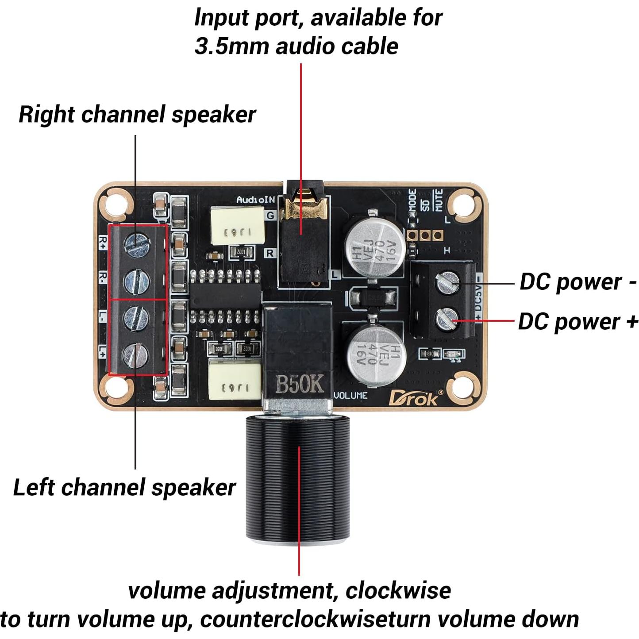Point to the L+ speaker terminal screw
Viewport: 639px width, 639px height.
point(136,354)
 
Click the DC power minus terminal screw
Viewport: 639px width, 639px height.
point(448,282)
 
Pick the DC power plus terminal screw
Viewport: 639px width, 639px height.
point(447,319)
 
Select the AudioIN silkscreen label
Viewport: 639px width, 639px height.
point(255,200)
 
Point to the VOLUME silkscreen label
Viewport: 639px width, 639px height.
point(350,395)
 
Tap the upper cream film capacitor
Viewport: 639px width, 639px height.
point(237,226)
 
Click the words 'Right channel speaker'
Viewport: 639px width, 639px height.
point(137,115)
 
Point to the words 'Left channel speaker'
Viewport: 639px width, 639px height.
point(124,488)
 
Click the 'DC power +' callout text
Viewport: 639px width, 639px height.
point(578,322)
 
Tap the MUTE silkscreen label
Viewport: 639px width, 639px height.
point(438,200)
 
